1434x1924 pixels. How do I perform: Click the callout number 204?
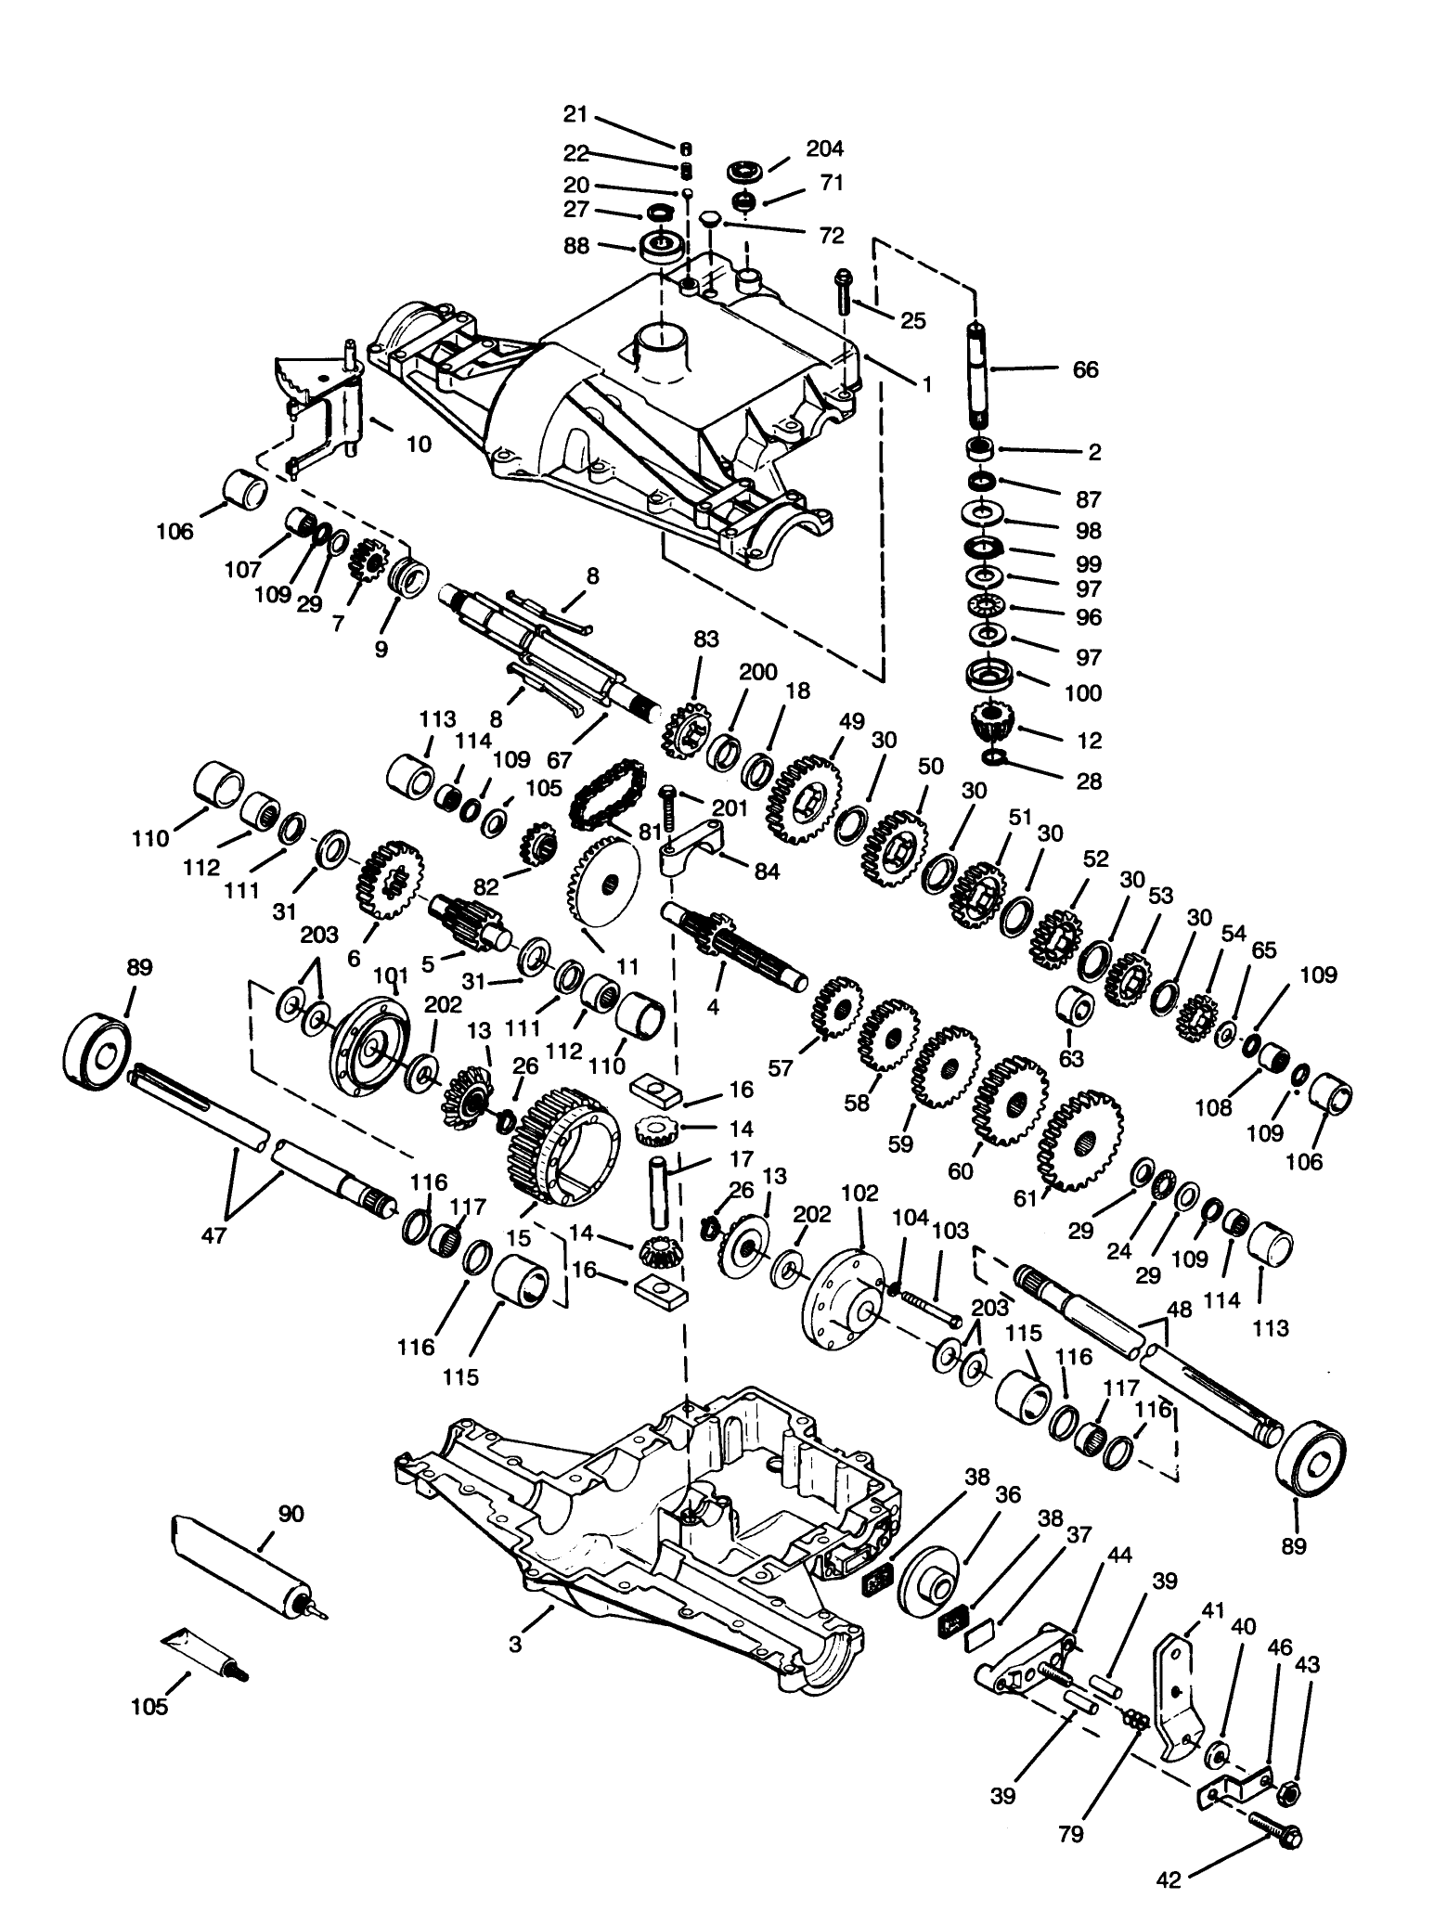click(x=825, y=149)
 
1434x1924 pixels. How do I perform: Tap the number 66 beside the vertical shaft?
click(x=1084, y=369)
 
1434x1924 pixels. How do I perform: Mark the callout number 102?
click(x=859, y=1193)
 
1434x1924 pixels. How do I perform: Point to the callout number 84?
click(x=768, y=872)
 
